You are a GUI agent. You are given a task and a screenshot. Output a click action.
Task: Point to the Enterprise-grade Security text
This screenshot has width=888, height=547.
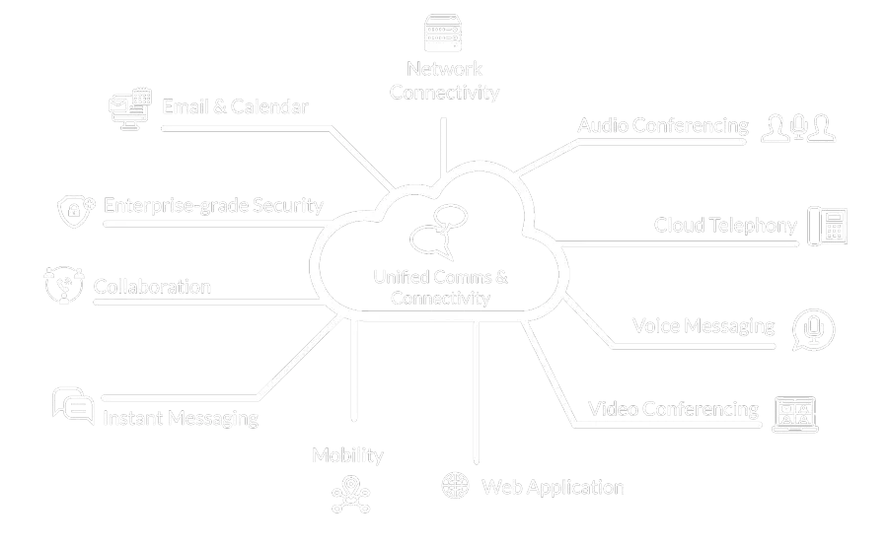click(x=213, y=206)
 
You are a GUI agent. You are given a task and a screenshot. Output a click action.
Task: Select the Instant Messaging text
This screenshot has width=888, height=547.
click(x=181, y=418)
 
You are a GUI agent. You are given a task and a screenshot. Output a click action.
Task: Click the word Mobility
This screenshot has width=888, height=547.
click(x=347, y=455)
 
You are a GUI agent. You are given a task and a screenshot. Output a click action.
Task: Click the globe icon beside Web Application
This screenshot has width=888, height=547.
click(x=455, y=486)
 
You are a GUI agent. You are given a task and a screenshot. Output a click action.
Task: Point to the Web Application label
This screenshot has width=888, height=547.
click(x=553, y=487)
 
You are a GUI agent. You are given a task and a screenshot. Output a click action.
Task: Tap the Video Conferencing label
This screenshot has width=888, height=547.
click(x=673, y=409)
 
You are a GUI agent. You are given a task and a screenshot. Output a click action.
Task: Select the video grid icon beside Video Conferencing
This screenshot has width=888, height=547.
click(x=795, y=413)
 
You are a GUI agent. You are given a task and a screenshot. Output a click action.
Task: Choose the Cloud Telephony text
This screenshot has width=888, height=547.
click(x=725, y=226)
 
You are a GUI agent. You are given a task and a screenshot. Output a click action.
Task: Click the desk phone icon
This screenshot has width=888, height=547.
click(x=828, y=226)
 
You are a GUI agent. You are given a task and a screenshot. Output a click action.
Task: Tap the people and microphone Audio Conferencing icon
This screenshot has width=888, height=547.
click(x=798, y=128)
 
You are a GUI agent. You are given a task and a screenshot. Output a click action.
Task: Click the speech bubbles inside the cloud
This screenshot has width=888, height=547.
click(x=437, y=233)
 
